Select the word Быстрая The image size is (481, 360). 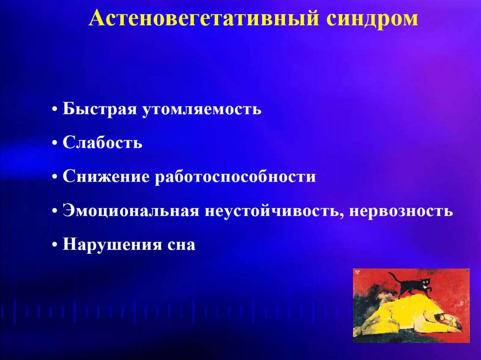click(x=100, y=109)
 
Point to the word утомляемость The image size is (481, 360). click(x=202, y=109)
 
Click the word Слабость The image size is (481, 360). click(x=102, y=143)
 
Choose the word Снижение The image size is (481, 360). click(x=106, y=176)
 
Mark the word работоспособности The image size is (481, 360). click(x=235, y=177)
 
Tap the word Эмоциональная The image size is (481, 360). click(x=131, y=211)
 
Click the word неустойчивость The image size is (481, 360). click(x=274, y=211)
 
